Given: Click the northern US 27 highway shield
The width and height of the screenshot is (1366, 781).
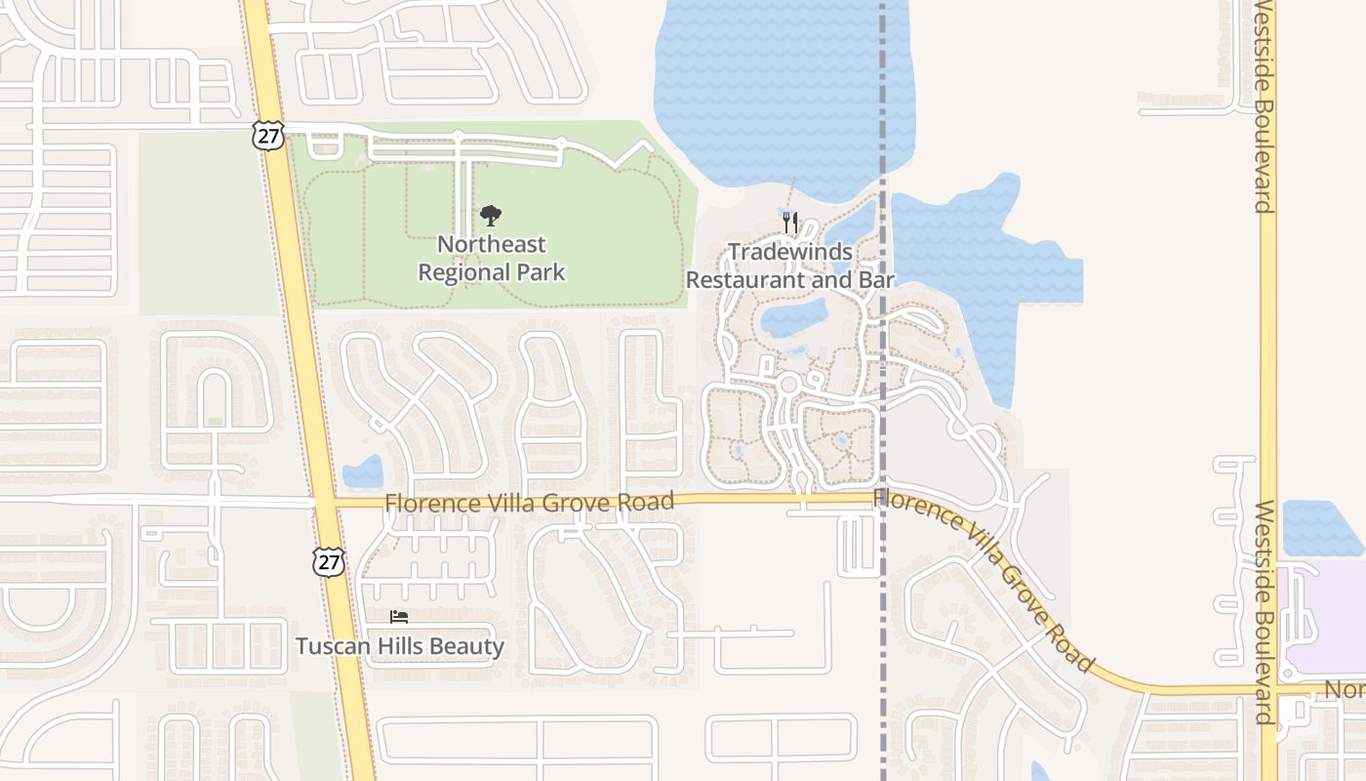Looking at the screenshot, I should [267, 135].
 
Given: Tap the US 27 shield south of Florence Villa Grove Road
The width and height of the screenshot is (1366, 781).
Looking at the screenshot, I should [329, 560].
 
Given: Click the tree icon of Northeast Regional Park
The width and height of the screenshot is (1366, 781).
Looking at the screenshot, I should [491, 216].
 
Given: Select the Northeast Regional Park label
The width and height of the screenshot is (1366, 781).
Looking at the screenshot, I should [492, 259].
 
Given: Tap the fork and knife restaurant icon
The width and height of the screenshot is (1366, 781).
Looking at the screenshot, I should [790, 223].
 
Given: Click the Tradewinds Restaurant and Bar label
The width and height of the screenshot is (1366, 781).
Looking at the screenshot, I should [790, 266].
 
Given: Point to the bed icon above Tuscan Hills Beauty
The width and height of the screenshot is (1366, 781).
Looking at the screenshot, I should [399, 616].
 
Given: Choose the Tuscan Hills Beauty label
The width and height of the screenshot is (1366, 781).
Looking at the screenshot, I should [400, 646].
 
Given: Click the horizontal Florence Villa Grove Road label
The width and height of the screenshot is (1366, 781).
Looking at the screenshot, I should [529, 503].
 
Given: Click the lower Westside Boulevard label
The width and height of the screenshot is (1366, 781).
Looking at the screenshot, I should [1264, 612].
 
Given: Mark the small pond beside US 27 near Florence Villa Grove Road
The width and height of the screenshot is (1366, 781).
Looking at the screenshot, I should [363, 473].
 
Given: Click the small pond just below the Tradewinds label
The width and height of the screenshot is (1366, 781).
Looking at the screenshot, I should [793, 317].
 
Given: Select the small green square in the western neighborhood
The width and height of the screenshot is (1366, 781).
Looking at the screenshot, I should [215, 422].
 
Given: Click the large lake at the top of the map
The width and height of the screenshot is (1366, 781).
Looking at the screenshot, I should [781, 88].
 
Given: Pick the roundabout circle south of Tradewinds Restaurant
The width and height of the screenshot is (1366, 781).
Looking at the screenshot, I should [788, 385].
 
